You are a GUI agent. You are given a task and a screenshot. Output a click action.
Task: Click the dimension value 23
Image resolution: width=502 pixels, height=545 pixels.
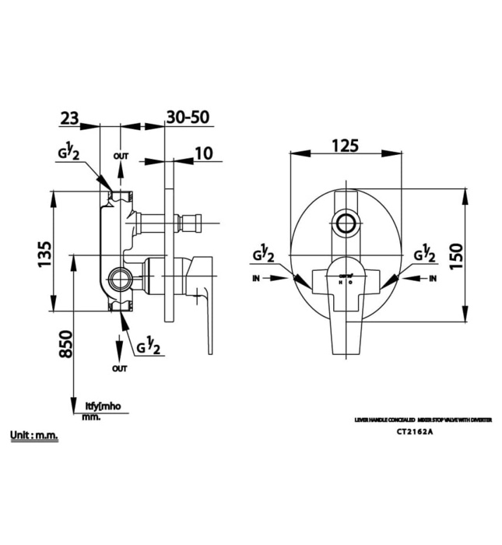point(68,118)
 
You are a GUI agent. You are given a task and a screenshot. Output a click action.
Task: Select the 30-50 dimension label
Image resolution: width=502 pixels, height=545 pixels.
point(188,118)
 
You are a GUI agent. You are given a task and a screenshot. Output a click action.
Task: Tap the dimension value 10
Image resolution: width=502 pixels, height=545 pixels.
point(202,153)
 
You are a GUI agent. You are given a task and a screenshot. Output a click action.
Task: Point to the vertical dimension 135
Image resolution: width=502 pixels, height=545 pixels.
point(44,254)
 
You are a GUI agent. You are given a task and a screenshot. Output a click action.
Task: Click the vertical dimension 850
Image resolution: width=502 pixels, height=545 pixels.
point(66,343)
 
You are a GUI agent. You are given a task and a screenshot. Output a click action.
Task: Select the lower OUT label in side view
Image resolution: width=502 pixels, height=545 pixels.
point(119,367)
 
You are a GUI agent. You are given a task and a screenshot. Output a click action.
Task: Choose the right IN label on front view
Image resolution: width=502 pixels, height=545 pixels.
point(433,278)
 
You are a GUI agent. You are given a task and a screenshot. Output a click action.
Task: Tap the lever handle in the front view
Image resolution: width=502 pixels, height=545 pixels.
point(345,308)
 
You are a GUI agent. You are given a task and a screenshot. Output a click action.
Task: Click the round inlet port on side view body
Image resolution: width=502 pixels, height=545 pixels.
point(119,277)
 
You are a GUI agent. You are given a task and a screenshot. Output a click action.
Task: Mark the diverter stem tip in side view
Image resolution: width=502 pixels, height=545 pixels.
point(197,224)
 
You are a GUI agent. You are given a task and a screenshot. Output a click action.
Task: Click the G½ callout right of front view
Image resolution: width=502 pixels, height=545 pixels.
point(425,254)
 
